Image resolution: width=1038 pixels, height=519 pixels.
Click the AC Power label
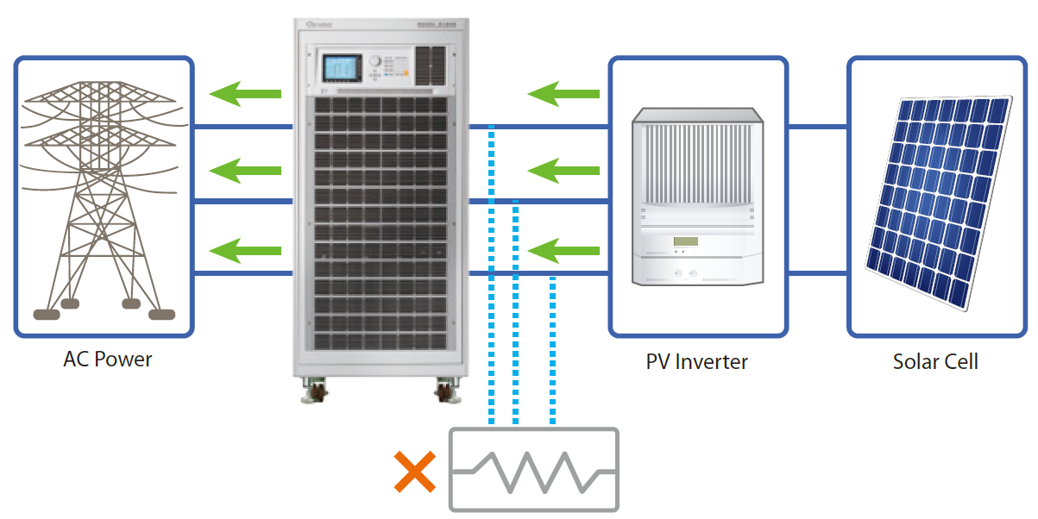[107, 360]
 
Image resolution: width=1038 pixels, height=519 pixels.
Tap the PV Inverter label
[696, 361]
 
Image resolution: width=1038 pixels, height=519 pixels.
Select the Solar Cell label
[935, 361]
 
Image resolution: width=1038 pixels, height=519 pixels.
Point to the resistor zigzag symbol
[533, 471]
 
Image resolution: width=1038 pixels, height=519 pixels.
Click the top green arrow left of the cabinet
[247, 92]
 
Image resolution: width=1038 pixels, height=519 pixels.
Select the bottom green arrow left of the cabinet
[247, 251]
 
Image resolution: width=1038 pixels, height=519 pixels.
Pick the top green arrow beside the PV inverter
[563, 92]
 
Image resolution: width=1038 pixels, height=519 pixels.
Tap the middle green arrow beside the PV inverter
[563, 172]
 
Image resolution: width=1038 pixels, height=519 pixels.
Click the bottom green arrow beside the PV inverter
[563, 251]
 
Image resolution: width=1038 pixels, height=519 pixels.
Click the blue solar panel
[940, 203]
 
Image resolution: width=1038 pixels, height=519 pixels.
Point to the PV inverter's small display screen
[685, 241]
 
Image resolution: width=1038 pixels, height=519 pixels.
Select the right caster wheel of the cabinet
[448, 391]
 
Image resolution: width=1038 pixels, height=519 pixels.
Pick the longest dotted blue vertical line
[491, 276]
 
